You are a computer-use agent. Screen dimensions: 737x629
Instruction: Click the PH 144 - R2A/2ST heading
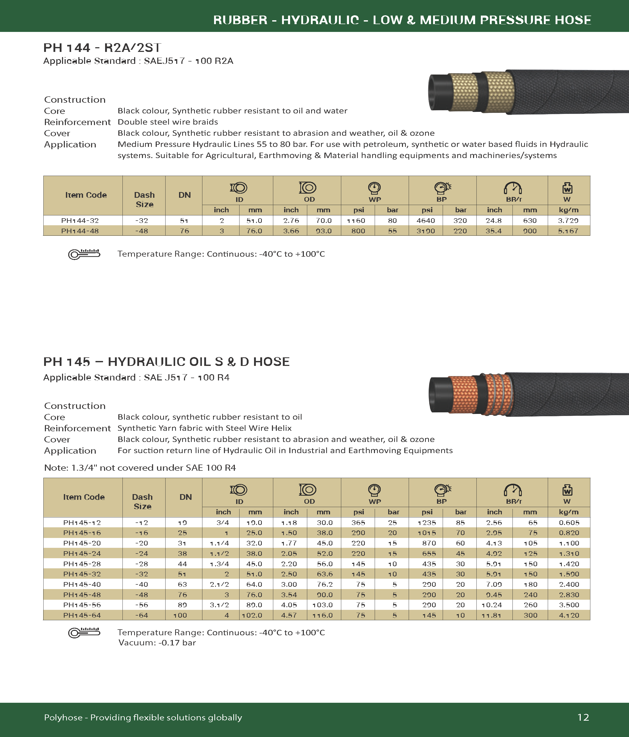point(102,48)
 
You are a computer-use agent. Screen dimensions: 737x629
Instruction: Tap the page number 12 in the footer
point(583,717)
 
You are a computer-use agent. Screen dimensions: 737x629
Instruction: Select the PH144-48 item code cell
point(80,231)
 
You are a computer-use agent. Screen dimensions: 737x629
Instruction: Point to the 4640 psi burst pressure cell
point(426,221)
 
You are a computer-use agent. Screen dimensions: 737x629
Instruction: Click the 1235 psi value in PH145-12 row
point(427,522)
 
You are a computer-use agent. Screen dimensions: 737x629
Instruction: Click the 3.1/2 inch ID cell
point(220,605)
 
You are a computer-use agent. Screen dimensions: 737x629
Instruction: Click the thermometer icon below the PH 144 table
point(84,254)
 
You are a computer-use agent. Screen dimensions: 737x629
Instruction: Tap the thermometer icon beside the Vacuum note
point(84,633)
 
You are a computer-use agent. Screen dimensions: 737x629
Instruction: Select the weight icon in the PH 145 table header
point(567,490)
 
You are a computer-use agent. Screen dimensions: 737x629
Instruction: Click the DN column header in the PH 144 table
point(184,195)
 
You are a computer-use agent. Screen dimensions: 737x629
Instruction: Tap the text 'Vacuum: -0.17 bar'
point(157,643)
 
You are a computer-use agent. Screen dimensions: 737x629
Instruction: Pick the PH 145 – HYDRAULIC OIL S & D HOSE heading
point(166,362)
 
